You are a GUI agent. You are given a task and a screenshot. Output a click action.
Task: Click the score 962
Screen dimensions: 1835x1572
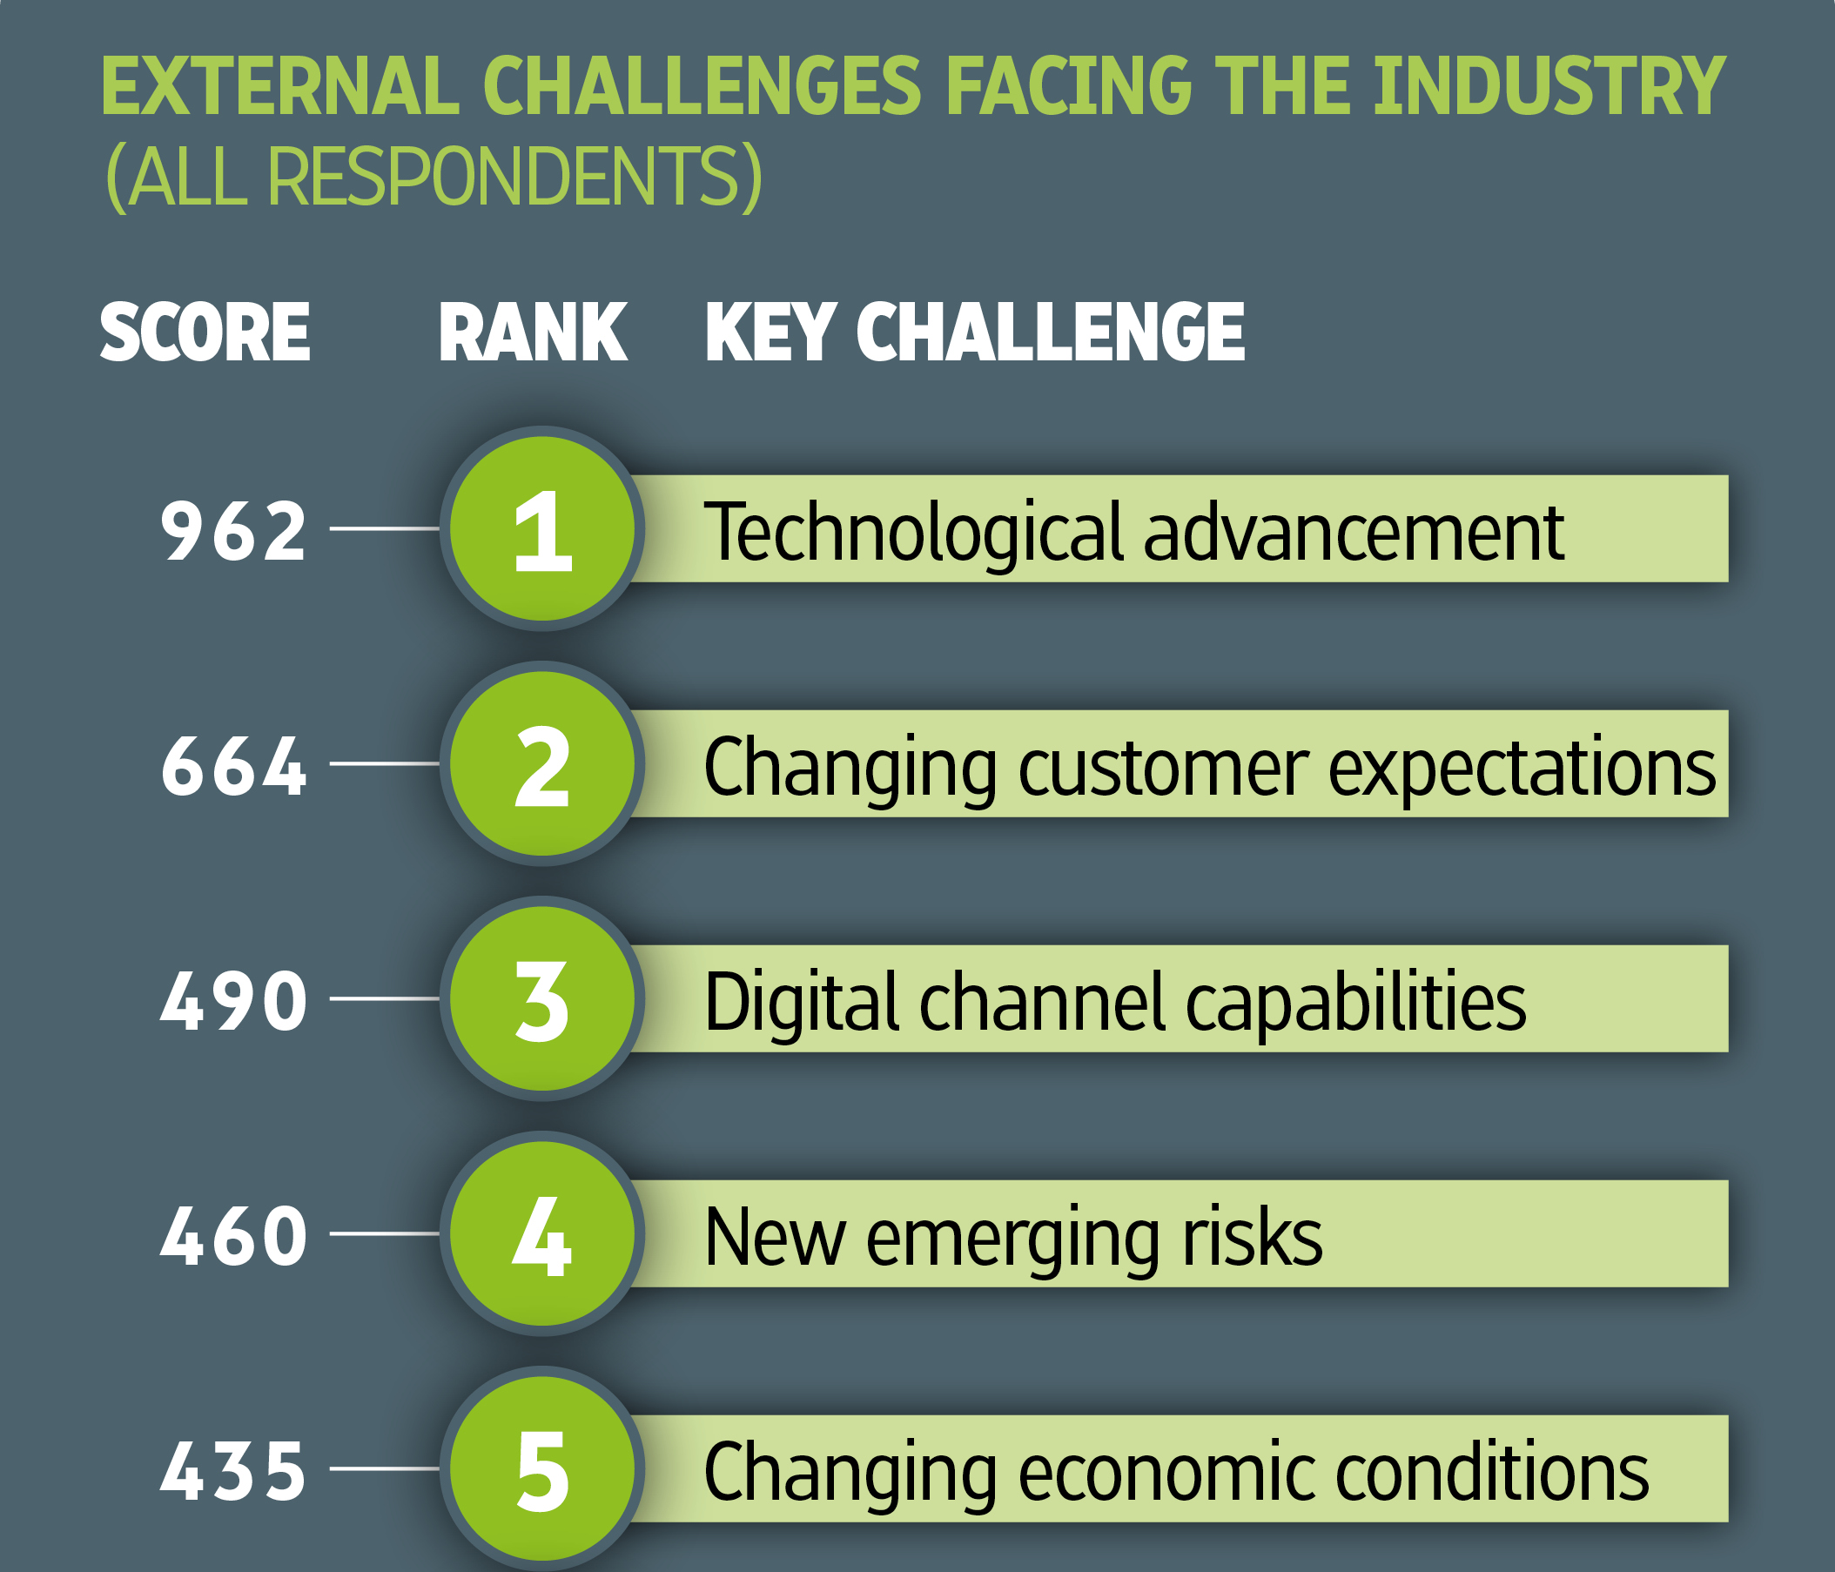coord(234,530)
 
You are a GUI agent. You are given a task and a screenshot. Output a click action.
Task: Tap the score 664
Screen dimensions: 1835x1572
coord(234,765)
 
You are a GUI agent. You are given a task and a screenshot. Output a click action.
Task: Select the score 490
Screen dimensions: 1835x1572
coord(234,1001)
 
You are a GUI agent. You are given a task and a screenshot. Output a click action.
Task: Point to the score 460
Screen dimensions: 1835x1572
coord(234,1235)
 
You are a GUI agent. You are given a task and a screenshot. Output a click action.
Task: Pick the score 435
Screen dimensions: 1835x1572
coord(234,1470)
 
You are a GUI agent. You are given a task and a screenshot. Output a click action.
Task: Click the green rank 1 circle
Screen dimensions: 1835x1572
coord(542,528)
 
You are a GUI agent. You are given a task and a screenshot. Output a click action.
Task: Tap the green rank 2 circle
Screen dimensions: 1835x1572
coord(542,763)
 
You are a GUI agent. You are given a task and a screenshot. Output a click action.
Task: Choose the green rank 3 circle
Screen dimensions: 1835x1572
coord(542,998)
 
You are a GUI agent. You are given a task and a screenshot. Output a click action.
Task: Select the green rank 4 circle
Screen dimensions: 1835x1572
coord(542,1233)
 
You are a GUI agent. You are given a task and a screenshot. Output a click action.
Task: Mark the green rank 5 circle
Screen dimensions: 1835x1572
coord(542,1468)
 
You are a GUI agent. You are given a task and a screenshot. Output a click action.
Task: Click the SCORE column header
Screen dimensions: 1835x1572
coord(205,332)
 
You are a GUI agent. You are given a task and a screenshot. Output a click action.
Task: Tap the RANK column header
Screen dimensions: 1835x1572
coord(533,332)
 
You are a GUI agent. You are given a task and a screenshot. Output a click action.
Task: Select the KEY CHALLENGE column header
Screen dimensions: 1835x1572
coord(975,332)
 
